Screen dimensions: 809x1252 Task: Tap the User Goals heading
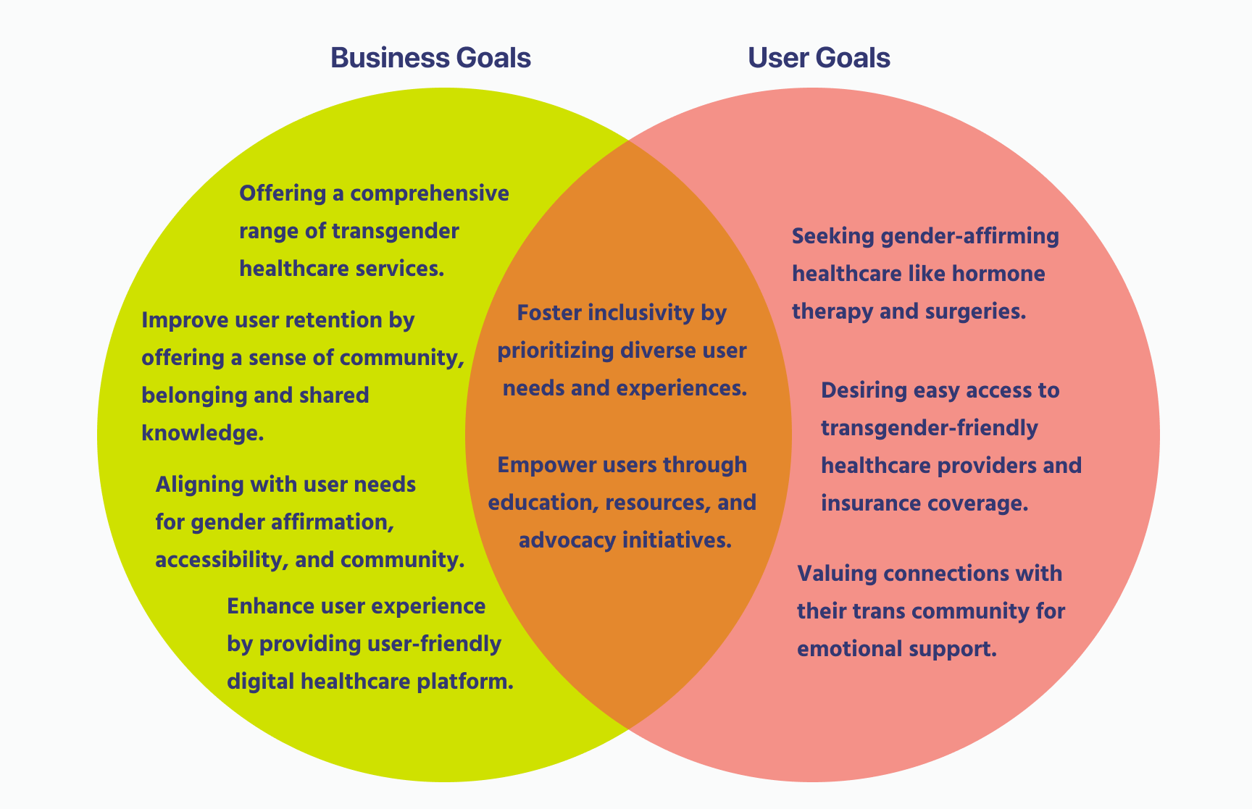819,58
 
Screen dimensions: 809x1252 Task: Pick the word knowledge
201,433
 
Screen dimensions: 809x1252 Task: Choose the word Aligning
199,485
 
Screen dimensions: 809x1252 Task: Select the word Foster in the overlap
548,313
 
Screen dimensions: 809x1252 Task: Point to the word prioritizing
556,351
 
